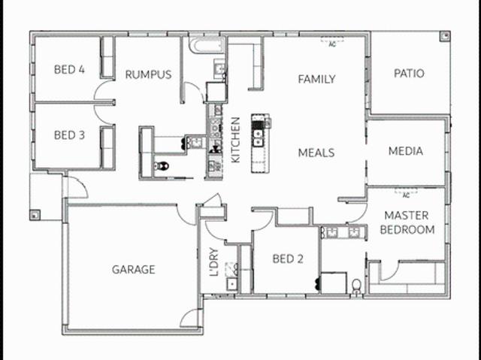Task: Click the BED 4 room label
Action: [68, 70]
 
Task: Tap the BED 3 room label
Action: [68, 136]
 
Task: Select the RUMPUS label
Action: [148, 74]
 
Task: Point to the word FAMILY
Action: [316, 79]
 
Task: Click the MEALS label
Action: [316, 153]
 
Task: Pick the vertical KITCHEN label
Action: [235, 140]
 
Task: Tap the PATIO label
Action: [409, 74]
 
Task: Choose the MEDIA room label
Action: [405, 151]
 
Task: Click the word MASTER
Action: [406, 216]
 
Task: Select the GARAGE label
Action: [133, 269]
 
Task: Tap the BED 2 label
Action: [288, 259]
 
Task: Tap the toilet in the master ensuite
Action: [355, 284]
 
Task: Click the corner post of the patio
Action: [444, 35]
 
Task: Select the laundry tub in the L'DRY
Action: [232, 284]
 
